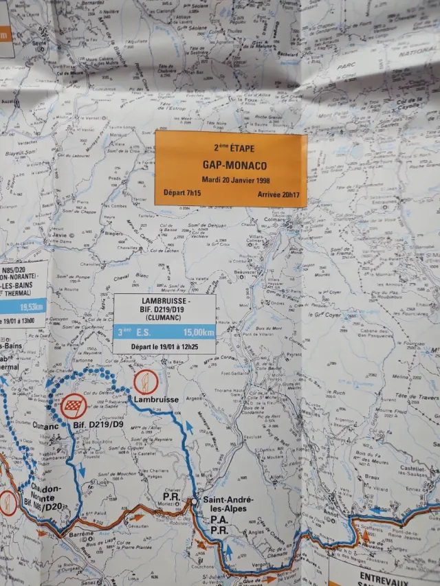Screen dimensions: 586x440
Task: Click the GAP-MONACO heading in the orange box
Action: click(x=229, y=166)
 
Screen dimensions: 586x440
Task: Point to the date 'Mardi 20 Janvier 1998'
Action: click(x=230, y=180)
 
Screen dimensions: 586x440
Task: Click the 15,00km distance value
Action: click(x=199, y=333)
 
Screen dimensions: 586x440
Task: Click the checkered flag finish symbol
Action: click(x=73, y=407)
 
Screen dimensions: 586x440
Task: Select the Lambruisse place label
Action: click(x=156, y=399)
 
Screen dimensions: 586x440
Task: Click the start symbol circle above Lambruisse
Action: click(x=146, y=381)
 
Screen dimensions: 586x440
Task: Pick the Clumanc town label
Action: click(x=45, y=425)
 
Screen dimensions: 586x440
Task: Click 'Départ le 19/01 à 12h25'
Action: click(x=164, y=346)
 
